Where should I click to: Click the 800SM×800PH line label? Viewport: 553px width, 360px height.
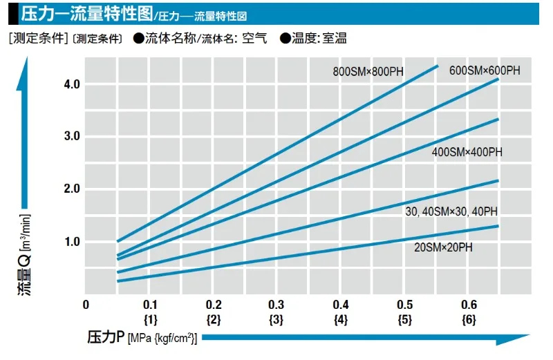368,72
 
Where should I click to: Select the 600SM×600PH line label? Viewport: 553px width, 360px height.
485,70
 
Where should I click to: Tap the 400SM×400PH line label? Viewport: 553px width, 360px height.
467,152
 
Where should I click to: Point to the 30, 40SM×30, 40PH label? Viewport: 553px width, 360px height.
451,211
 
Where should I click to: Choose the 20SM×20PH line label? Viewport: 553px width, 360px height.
443,247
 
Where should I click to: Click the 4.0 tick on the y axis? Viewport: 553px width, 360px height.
72,84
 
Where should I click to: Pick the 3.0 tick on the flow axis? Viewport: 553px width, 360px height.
72,135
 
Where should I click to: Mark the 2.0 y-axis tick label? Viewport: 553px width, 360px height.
72,189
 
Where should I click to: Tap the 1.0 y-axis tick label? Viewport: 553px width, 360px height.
72,242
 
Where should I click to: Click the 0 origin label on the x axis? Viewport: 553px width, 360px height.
86,305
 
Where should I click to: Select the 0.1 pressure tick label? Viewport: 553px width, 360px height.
150,305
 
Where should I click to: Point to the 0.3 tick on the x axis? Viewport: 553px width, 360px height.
276,305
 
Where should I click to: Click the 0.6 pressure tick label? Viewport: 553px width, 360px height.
469,305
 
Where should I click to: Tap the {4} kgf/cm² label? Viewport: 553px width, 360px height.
341,320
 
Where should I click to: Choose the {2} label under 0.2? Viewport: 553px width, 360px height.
214,320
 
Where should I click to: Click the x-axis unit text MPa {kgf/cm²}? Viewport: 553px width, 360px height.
162,339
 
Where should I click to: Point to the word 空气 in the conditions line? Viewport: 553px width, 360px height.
254,38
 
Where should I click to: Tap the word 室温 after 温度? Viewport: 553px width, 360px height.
335,38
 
